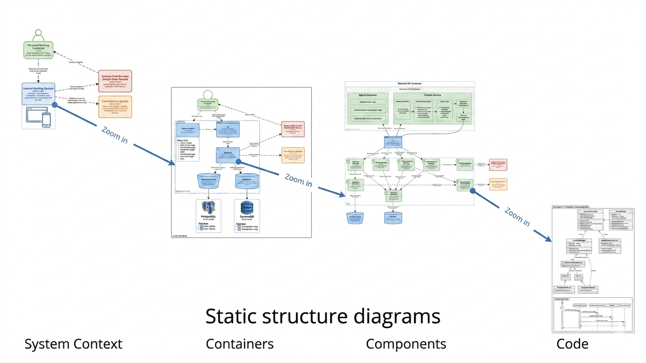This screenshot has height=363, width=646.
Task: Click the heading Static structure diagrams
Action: coord(323,316)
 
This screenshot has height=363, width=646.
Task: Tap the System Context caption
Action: coord(73,344)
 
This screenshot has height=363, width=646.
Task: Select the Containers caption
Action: coord(239,344)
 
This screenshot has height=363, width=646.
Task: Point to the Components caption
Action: coord(406,344)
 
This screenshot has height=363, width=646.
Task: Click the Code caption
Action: coord(572,344)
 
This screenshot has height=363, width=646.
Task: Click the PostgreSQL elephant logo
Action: coord(208,208)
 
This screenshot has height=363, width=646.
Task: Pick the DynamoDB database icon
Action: coord(247,208)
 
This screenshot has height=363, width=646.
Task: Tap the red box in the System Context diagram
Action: coord(115,81)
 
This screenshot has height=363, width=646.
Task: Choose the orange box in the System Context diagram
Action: coord(115,107)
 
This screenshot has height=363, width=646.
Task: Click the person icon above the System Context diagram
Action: coord(38,35)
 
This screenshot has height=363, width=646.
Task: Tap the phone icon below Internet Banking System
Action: coord(46,119)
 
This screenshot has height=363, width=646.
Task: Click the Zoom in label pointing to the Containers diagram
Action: coord(114,135)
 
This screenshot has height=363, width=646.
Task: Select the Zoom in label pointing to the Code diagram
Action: coord(517,216)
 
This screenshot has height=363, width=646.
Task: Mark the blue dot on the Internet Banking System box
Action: coord(55,105)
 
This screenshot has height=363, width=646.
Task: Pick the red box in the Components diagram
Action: coord(497,164)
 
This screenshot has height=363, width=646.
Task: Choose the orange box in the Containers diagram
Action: coord(293,155)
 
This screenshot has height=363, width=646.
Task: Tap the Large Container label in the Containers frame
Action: coord(179,235)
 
